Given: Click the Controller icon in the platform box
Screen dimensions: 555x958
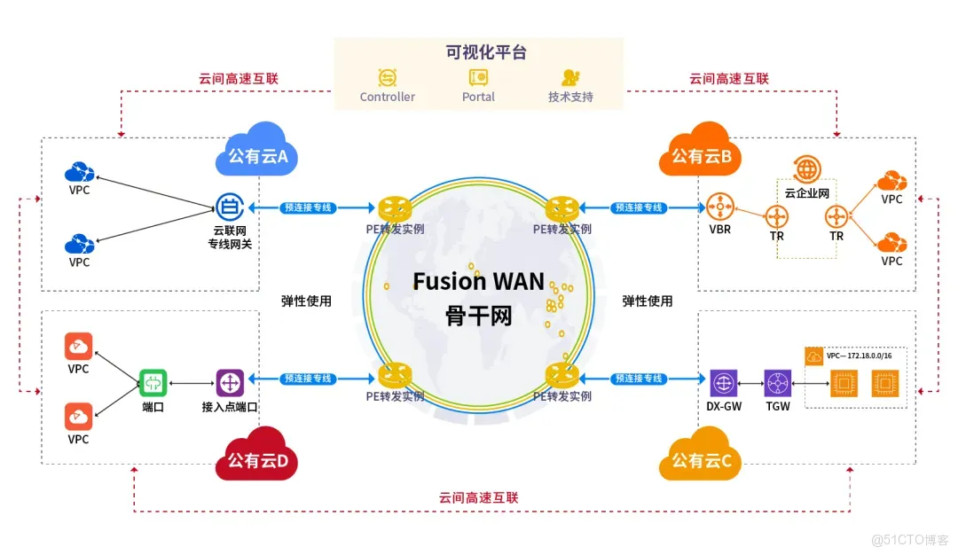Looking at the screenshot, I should click(x=388, y=77).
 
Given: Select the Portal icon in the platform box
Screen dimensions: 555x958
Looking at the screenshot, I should click(x=478, y=77).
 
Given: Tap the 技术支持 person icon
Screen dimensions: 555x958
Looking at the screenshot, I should click(x=570, y=77).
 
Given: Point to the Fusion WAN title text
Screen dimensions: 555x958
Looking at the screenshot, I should click(x=478, y=281).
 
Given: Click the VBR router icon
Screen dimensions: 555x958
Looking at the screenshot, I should click(x=719, y=208).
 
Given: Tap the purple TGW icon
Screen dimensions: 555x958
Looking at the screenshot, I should click(x=778, y=383).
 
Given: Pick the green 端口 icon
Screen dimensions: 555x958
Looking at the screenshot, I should click(x=153, y=383).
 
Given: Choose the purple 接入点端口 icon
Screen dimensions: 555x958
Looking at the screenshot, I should click(x=230, y=383).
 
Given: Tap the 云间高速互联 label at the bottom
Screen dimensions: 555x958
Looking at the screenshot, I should click(x=479, y=497).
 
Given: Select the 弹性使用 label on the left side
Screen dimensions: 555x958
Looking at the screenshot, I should click(x=306, y=301).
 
